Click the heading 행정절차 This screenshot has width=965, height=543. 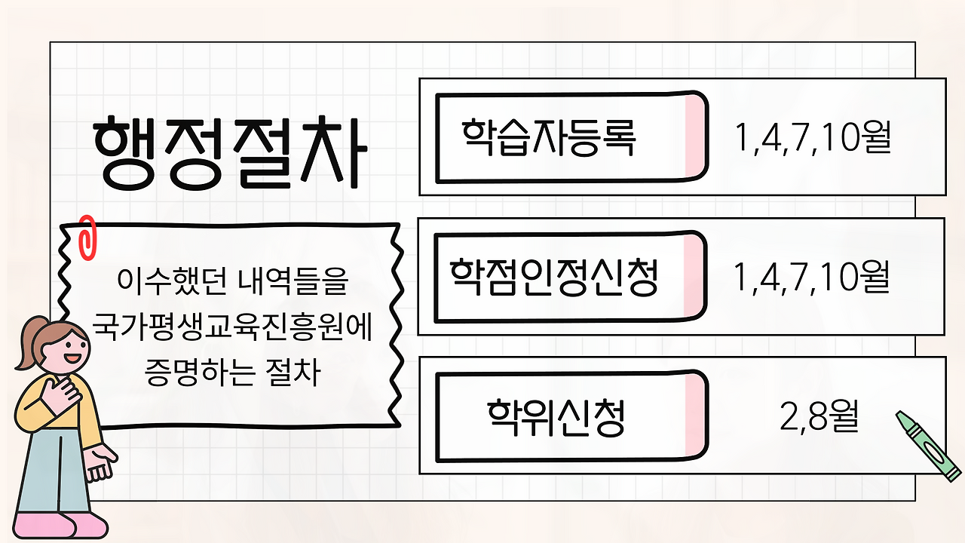point(230,152)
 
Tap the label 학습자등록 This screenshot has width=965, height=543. point(548,137)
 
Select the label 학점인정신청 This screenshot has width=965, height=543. point(553,278)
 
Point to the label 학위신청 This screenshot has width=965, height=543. point(556,418)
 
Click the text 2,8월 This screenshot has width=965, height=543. point(819,416)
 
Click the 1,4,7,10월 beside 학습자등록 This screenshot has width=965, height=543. point(813,137)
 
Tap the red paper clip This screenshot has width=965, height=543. point(87,238)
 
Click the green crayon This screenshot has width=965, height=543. point(928,446)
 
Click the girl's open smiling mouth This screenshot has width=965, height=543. point(72,357)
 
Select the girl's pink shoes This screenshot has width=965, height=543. point(60,525)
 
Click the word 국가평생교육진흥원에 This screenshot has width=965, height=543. point(232,327)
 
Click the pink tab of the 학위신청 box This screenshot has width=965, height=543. point(695,416)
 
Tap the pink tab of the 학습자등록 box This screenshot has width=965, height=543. point(695,137)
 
